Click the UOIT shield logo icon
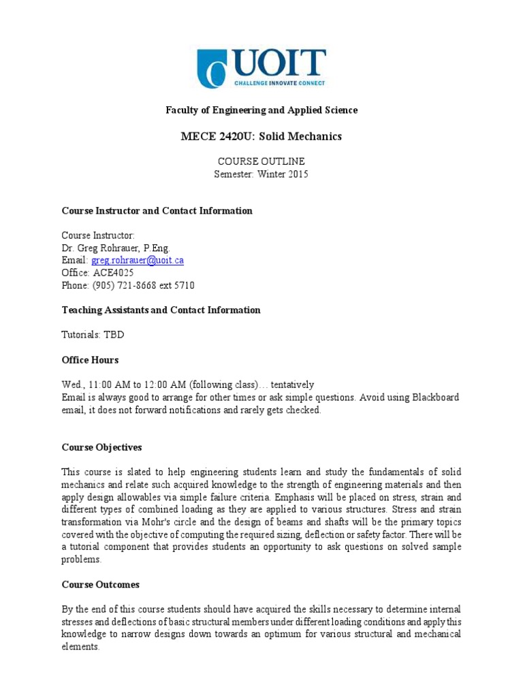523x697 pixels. click(211, 69)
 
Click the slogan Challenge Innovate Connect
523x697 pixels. click(279, 83)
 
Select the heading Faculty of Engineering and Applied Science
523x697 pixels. click(261, 110)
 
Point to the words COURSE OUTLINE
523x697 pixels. click(261, 161)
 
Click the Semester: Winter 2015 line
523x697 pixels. click(261, 174)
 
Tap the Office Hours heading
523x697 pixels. click(90, 359)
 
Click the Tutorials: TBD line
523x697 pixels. click(93, 335)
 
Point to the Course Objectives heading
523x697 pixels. click(101, 447)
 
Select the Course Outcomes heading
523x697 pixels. click(100, 585)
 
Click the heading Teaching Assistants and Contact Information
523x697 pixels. click(161, 310)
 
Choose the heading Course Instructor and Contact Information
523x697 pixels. click(157, 210)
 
